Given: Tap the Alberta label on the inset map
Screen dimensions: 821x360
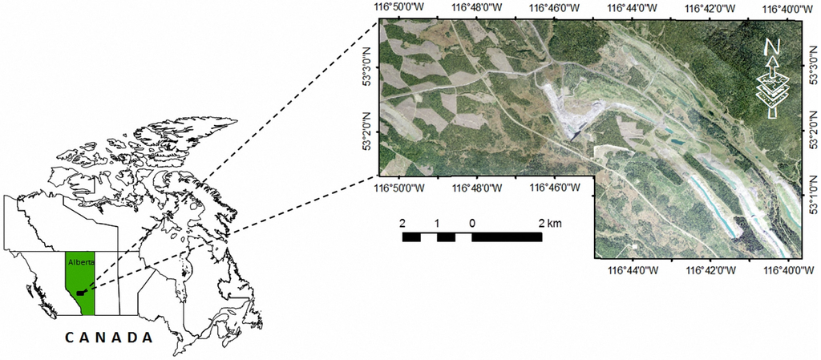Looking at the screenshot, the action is pos(78,261).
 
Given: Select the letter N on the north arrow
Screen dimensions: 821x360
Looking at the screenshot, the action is pos(772,47).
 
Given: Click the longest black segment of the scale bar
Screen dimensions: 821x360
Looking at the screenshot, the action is pos(507,237).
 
